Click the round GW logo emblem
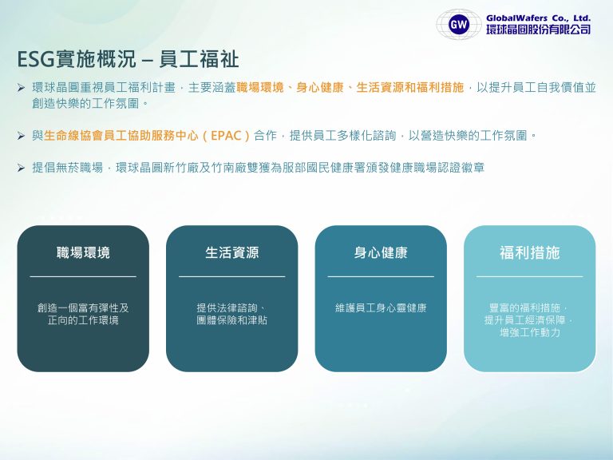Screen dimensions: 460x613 458,24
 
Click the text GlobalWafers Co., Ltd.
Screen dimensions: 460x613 539,17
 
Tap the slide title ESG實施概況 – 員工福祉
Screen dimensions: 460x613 128,60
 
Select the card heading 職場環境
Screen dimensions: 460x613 83,253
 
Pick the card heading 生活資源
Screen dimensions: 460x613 231,253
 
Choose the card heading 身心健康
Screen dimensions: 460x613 381,253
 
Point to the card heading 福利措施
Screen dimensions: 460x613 529,253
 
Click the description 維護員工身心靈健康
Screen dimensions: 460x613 381,307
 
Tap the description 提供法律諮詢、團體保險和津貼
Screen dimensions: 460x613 231,314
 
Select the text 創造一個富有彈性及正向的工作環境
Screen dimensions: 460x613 83,314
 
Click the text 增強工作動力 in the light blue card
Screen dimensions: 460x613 529,332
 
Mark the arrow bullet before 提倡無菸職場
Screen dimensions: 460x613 22,168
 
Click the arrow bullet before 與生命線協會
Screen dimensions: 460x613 22,136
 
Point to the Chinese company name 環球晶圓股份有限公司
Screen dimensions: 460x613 539,30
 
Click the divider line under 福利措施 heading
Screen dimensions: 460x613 529,277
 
